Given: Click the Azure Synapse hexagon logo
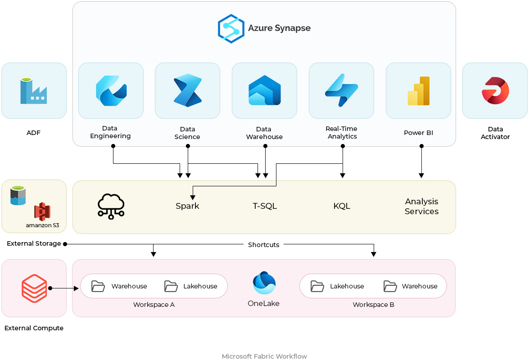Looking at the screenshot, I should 231,28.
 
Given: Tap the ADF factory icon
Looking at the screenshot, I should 33,91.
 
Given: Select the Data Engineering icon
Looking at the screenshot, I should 111,90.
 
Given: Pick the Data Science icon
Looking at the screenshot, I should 187,90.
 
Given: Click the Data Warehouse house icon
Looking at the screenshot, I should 264,90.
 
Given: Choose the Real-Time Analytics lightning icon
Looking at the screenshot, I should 341,90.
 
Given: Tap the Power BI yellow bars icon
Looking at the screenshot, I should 419,90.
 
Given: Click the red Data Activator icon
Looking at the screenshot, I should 495,90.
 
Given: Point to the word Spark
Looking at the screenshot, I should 187,206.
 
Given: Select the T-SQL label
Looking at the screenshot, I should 265,206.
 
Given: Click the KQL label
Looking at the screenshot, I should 342,206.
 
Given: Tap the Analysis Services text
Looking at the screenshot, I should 421,206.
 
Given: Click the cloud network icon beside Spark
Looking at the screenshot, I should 111,207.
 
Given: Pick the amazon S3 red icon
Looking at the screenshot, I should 42,211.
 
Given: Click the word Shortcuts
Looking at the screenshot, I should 264,245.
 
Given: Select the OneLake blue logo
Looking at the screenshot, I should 264,283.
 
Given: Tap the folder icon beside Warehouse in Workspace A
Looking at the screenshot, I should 98,286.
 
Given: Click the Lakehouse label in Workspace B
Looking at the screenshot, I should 347,286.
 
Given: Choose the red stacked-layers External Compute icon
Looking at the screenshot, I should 34,288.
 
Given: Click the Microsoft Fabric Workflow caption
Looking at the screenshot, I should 264,356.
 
